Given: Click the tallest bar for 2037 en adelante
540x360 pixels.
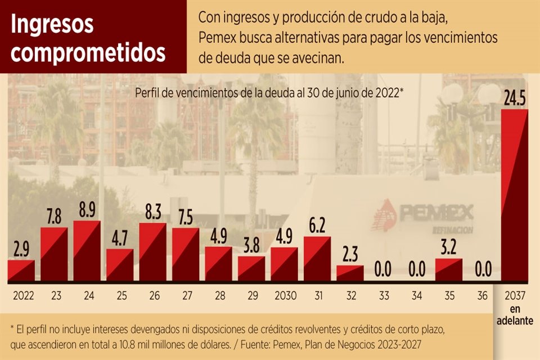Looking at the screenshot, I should [514, 196].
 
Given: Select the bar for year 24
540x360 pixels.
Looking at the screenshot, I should [87, 251].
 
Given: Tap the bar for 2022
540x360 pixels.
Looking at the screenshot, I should [21, 271].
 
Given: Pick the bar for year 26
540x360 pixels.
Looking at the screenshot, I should [152, 252].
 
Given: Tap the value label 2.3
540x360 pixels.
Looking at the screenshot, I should [350, 255].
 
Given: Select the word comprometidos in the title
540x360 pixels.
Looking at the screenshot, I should [88, 52].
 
